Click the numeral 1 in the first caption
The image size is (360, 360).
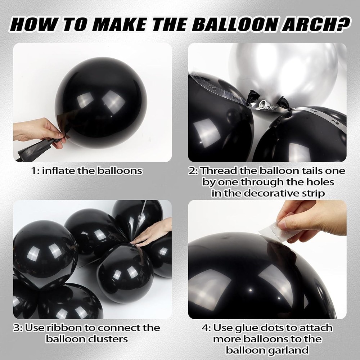coord(34,171)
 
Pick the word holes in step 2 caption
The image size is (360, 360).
coord(320,182)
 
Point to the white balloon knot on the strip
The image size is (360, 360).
coord(263,105)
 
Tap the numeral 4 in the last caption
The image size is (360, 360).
coord(205,328)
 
